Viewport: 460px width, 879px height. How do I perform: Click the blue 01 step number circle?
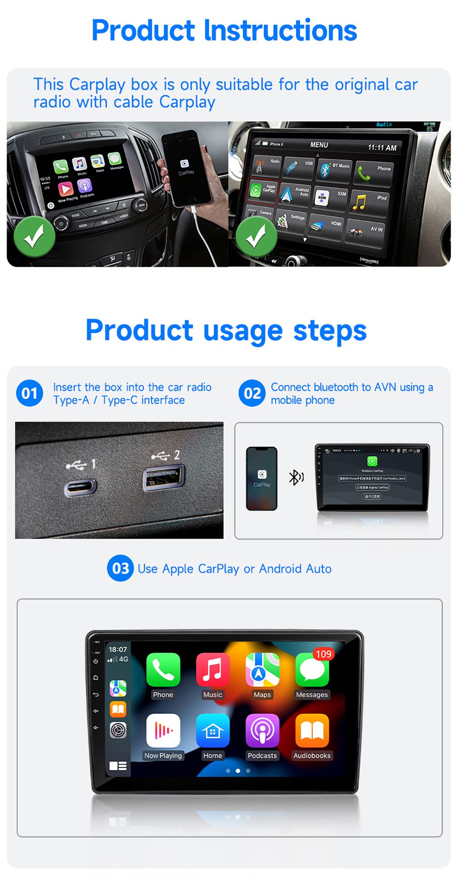pos(29,393)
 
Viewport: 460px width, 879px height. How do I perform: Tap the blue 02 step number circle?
pos(252,393)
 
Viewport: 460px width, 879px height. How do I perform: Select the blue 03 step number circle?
pos(120,568)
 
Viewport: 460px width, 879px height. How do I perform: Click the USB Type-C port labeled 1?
pos(80,487)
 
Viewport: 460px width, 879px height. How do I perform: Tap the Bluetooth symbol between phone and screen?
pos(296,477)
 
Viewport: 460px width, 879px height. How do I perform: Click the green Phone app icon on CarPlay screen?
pos(163,670)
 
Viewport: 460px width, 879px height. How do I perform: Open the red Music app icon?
pos(213,670)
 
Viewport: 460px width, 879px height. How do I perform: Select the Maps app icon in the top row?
pos(262,670)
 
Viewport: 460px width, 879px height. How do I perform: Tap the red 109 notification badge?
pos(323,654)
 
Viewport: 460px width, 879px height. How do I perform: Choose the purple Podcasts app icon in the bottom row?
pos(262,730)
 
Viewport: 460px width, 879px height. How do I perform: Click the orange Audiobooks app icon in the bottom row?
pos(312,730)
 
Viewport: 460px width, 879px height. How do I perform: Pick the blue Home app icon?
pos(213,730)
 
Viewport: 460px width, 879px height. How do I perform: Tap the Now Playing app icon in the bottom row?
pos(163,730)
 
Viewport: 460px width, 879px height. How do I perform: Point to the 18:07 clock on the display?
pos(118,649)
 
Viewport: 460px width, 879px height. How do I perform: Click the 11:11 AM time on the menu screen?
pos(382,148)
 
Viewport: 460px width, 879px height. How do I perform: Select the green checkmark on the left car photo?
pos(34,237)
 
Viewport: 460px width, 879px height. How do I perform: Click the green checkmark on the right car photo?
pos(256,237)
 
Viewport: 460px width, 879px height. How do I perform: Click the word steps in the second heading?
pos(330,331)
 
